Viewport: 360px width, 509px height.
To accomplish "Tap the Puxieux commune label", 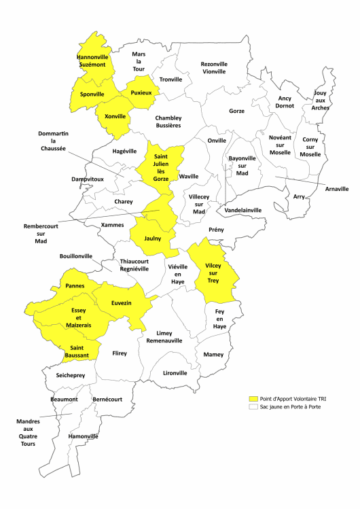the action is [141, 90].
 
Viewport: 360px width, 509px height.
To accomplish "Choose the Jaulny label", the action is [153, 239].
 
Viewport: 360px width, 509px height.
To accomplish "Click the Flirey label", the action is [119, 353].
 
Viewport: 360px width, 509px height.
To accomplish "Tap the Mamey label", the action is [213, 354].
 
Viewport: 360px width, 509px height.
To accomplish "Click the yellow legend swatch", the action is [255, 399].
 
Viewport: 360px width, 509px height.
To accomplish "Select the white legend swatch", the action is [255, 406].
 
